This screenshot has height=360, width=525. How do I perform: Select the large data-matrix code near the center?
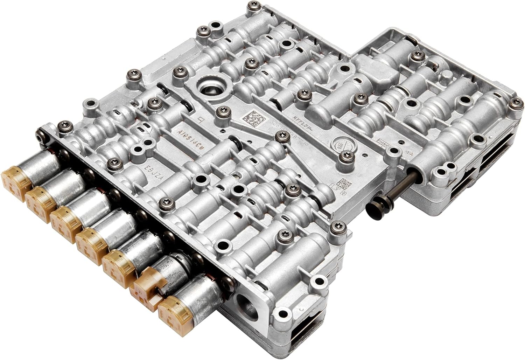pyautogui.click(x=252, y=117)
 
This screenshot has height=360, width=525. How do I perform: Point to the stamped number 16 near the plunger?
pyautogui.click(x=407, y=153)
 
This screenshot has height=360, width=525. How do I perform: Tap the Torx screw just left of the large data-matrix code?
pyautogui.click(x=220, y=112)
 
